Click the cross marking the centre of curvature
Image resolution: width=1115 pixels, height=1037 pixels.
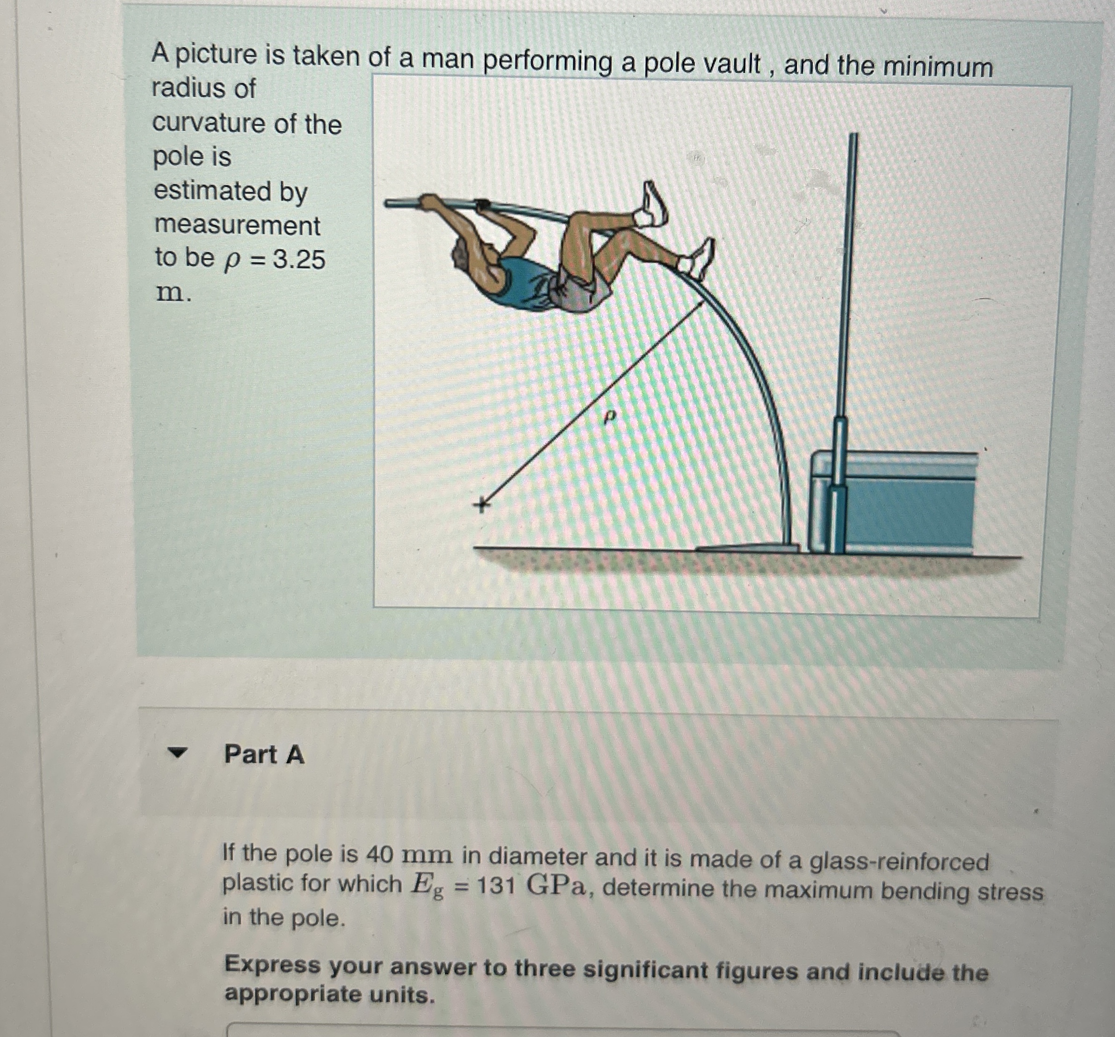[x=481, y=505]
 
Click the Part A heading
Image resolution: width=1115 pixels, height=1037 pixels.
[x=264, y=754]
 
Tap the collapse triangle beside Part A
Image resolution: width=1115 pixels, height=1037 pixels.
[x=177, y=753]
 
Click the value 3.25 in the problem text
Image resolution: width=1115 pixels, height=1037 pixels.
[x=299, y=260]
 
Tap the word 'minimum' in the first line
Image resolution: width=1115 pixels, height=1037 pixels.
[x=938, y=67]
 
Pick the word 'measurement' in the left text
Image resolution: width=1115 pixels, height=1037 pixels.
[x=237, y=225]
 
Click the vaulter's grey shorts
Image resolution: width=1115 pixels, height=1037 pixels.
[x=583, y=294]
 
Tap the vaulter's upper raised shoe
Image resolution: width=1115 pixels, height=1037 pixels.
[x=654, y=205]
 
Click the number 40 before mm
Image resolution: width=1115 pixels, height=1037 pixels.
[x=379, y=855]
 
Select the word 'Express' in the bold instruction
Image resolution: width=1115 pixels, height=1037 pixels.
[x=272, y=964]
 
